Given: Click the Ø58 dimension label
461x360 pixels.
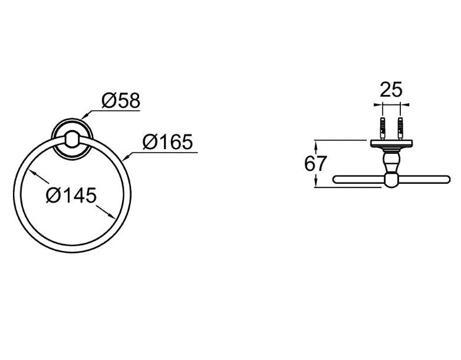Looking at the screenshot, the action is coord(121,101).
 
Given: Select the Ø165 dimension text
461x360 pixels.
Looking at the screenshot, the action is coord(167,141).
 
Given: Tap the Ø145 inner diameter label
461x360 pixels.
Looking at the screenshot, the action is coord(71,195).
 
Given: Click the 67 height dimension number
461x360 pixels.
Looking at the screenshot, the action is coord(315,164).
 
